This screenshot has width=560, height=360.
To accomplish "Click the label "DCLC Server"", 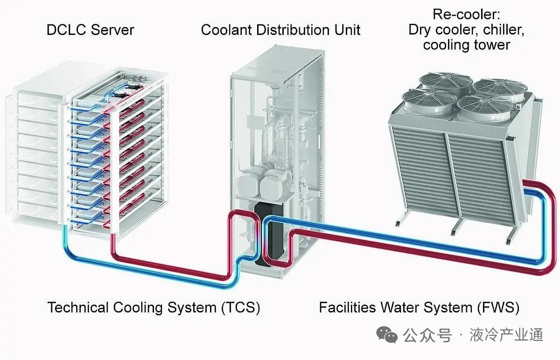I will click(90, 30).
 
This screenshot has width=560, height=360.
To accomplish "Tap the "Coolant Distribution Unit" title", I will click(280, 30).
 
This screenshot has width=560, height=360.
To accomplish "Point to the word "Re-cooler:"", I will click(466, 14).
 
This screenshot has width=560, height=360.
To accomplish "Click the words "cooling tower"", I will click(466, 45).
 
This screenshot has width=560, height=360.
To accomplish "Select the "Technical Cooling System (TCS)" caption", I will click(154, 308).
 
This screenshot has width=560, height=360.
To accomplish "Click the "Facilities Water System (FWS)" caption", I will click(419, 308).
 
